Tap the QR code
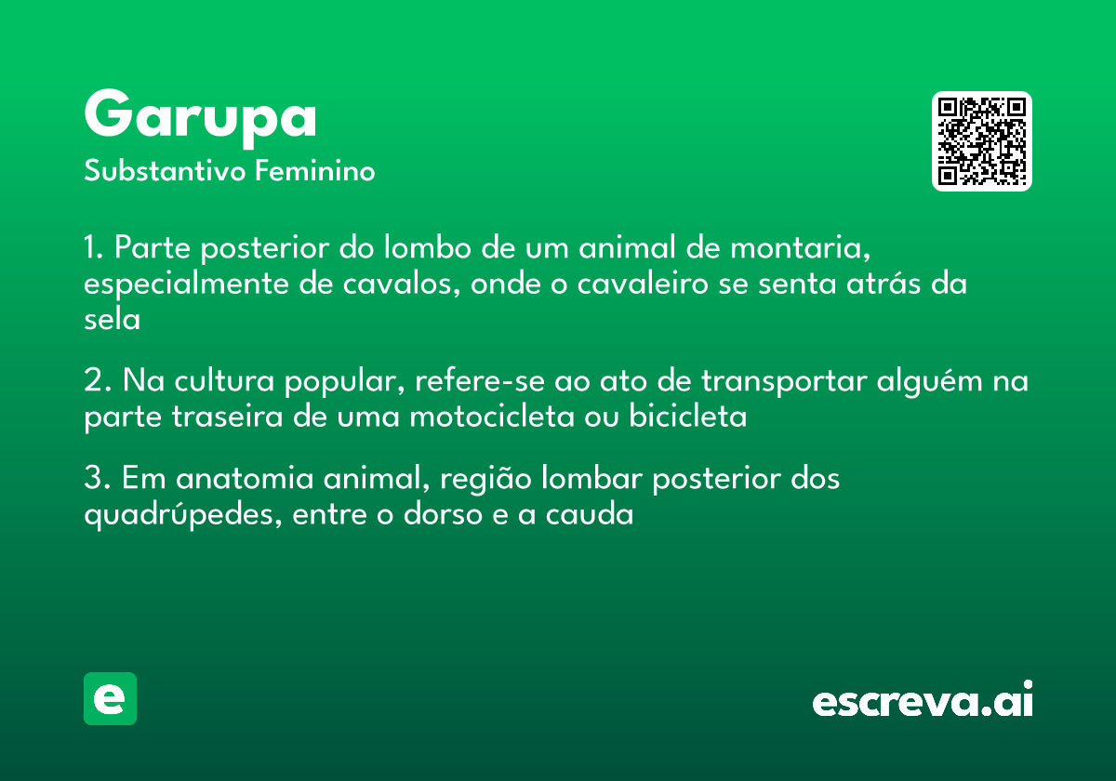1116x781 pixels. pos(981,141)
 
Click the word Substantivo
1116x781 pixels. pos(165,171)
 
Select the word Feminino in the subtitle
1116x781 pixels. pos(315,170)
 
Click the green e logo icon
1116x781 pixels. pos(110,698)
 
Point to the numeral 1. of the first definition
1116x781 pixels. pos(94,247)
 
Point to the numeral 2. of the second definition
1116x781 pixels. pos(98,380)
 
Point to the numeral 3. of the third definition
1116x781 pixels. pos(98,478)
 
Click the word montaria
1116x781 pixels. pos(800,247)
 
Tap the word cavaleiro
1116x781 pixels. pos(643,284)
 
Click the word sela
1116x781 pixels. pos(113,319)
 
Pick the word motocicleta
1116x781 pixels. pos(492,417)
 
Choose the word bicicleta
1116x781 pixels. pos(688,416)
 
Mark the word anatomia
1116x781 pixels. pos(245,478)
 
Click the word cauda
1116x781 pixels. pos(590,514)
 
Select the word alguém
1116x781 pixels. pos(930,382)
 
